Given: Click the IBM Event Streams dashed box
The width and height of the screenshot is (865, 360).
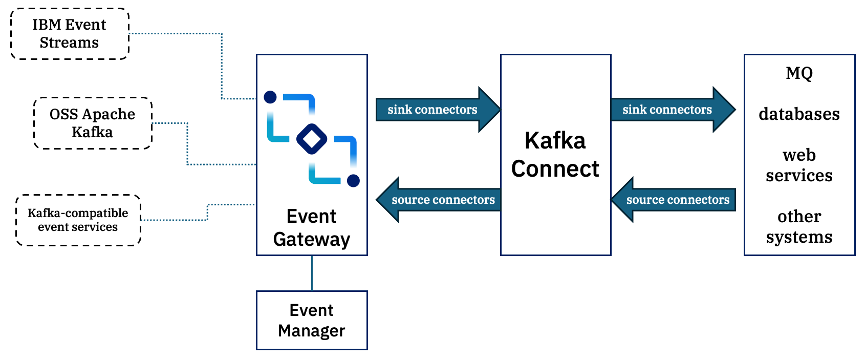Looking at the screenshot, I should pyautogui.click(x=70, y=34).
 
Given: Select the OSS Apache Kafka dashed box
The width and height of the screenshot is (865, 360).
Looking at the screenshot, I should pyautogui.click(x=93, y=123).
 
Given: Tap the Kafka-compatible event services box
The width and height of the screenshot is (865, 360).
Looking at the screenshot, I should pyautogui.click(x=78, y=220).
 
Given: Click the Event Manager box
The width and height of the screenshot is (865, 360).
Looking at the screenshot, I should pyautogui.click(x=312, y=321).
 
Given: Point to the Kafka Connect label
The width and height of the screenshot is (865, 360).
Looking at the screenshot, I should pyautogui.click(x=555, y=155).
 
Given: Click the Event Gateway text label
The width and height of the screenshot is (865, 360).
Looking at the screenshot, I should pyautogui.click(x=312, y=228).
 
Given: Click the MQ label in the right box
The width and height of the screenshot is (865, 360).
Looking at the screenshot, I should pyautogui.click(x=799, y=73).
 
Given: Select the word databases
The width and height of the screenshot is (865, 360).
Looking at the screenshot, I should pyautogui.click(x=799, y=114).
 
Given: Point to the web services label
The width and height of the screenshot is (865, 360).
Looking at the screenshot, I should pyautogui.click(x=799, y=165).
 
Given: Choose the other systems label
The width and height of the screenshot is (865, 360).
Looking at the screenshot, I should pyautogui.click(x=799, y=226).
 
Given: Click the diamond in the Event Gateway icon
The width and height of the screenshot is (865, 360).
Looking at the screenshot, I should pyautogui.click(x=312, y=139).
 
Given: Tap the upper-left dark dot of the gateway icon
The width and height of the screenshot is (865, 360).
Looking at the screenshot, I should pyautogui.click(x=270, y=97).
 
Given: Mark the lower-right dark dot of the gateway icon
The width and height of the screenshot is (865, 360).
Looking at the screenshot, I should pyautogui.click(x=353, y=180).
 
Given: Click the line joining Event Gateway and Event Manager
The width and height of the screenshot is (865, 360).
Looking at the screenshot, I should pyautogui.click(x=312, y=273).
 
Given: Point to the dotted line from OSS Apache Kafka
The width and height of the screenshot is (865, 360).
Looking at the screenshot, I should pyautogui.click(x=187, y=146).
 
